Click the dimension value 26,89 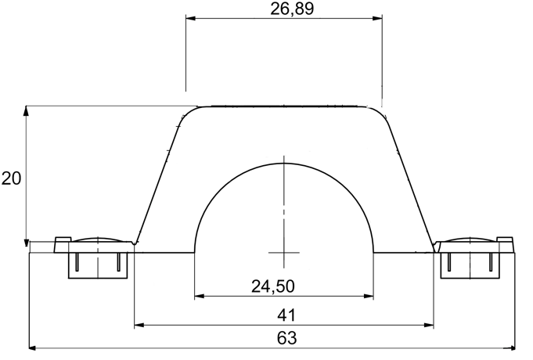click(292, 9)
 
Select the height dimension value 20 click(11, 178)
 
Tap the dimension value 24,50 click(273, 286)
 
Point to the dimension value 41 click(286, 315)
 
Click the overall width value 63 click(287, 338)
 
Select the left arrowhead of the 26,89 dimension click(190, 18)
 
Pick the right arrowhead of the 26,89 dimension click(377, 18)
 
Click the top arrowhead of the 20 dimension click(26, 111)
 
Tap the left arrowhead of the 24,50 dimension click(200, 296)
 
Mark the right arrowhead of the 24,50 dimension click(369, 296)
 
